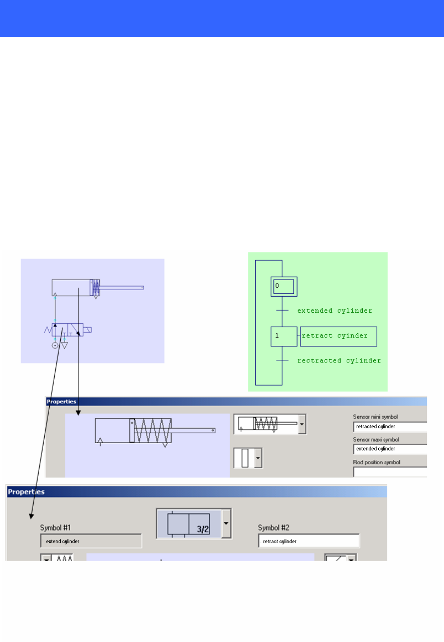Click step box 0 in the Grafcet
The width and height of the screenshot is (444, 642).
284,286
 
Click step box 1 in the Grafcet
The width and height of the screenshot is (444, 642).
284,336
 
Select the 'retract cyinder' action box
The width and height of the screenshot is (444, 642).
338,336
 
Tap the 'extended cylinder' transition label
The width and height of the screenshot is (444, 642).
335,311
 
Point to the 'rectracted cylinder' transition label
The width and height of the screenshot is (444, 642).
339,360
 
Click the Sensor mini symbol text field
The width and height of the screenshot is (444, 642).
389,427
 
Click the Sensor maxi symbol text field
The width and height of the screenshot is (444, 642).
389,448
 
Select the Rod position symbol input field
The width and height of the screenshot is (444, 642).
389,471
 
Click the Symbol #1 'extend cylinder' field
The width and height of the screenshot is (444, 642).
91,541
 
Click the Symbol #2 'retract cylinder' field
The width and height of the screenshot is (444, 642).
309,541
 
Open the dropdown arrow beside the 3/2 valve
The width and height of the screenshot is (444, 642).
226,523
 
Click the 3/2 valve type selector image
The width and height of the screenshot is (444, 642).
189,524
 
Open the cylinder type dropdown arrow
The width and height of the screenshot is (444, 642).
302,424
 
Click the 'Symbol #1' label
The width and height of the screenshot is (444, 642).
57,528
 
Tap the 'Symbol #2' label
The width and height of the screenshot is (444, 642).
274,528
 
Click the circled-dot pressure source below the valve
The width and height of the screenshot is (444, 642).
55,346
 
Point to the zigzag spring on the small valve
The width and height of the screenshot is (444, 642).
48,330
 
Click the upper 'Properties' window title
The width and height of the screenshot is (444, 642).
61,402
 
